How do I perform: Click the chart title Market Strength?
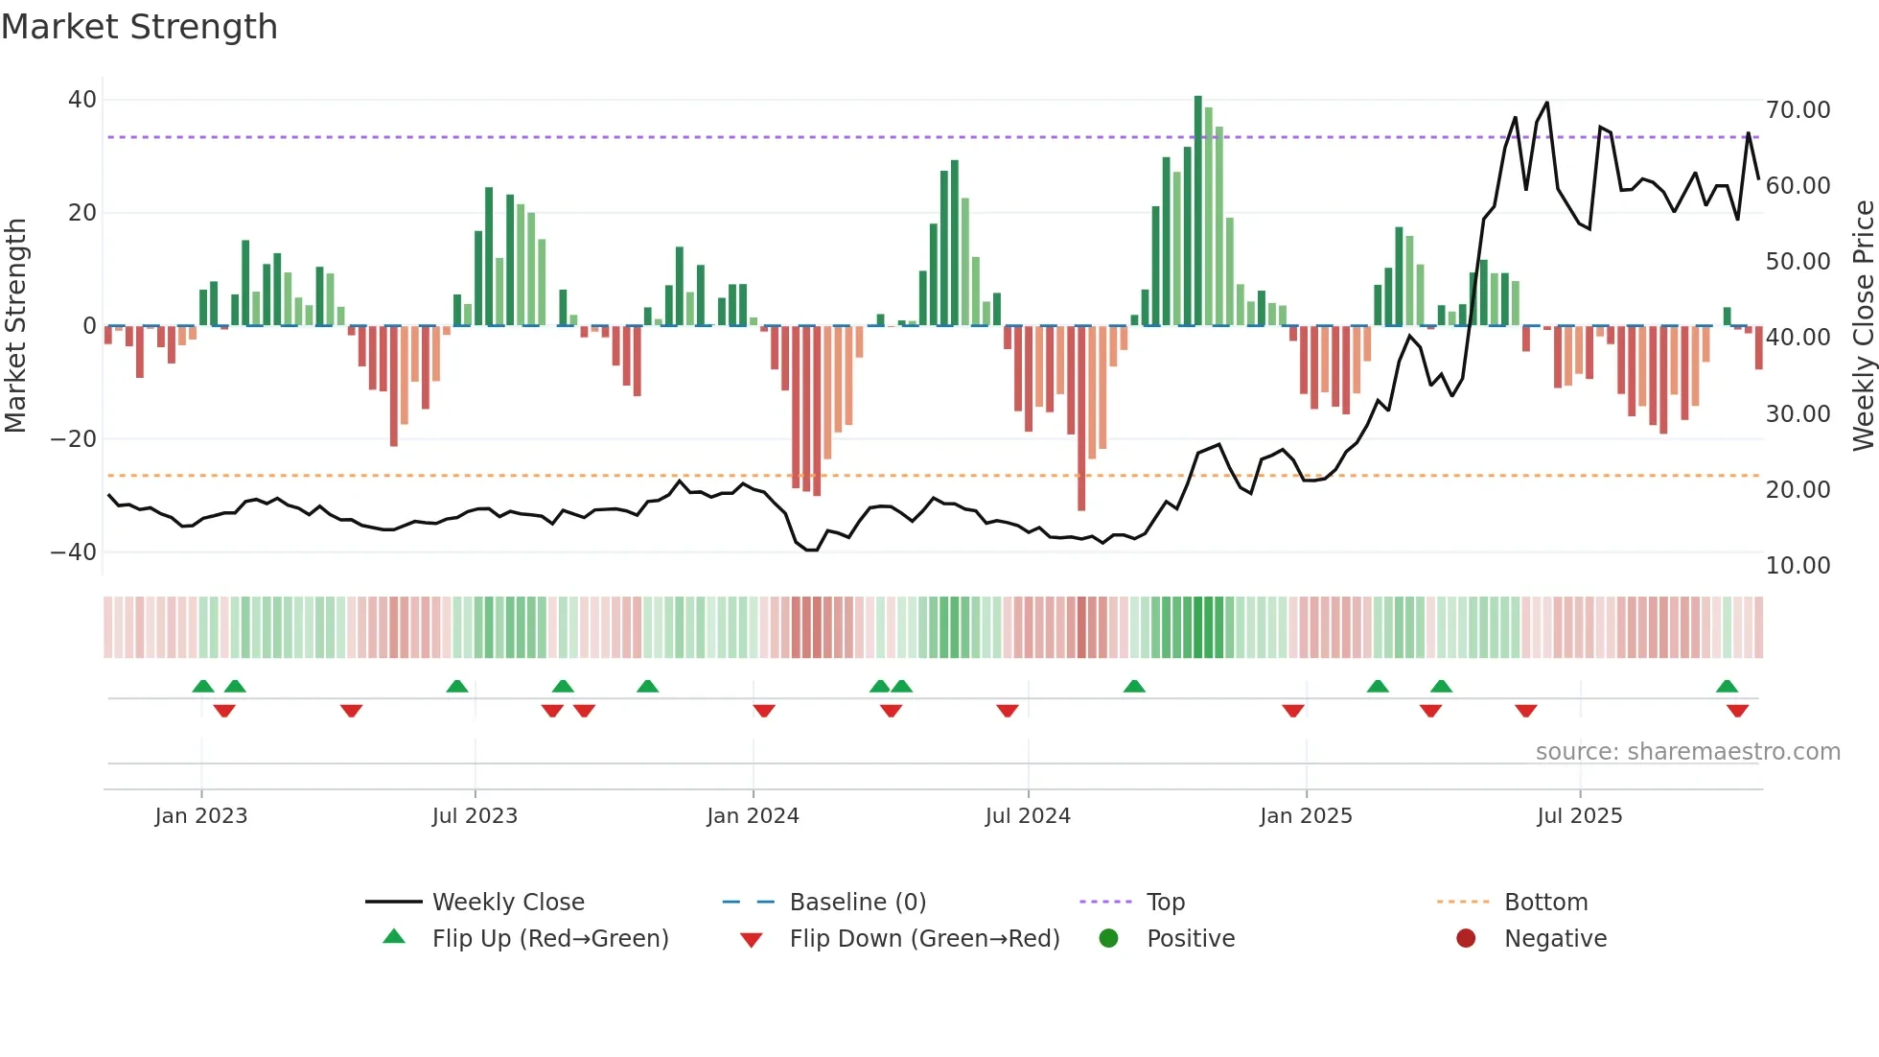click(139, 27)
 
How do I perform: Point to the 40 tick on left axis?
click(82, 100)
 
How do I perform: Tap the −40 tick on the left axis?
click(74, 552)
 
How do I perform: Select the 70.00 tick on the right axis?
click(1798, 110)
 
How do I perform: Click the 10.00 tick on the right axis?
click(1798, 566)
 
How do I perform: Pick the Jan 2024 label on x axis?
click(753, 816)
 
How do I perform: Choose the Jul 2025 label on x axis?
click(1579, 816)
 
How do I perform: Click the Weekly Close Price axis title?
click(1863, 326)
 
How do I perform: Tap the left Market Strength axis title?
click(15, 326)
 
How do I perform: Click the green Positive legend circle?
click(1108, 939)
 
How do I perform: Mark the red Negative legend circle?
click(1466, 939)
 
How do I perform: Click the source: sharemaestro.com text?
click(1687, 752)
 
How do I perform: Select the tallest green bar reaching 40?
click(1197, 211)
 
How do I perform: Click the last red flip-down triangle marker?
click(1737, 711)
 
